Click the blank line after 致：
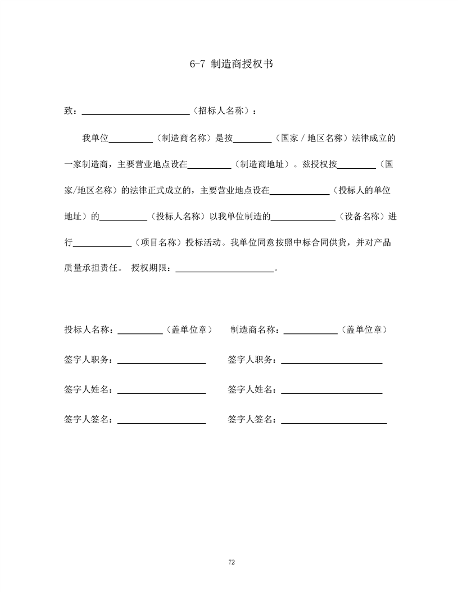click(x=135, y=112)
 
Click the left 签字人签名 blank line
click(x=161, y=422)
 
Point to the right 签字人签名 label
click(x=251, y=419)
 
